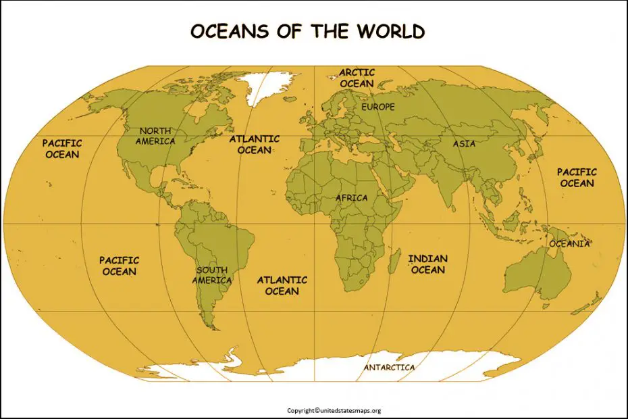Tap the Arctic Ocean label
click(x=357, y=78)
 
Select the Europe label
click(x=378, y=107)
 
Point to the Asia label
click(x=464, y=143)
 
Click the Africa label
click(x=352, y=198)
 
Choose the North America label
click(x=155, y=136)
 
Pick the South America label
click(x=212, y=275)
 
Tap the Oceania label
click(x=569, y=243)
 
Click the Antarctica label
click(x=390, y=368)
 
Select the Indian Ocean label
click(x=428, y=264)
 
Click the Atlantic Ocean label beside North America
click(x=254, y=144)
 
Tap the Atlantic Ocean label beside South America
click(x=282, y=285)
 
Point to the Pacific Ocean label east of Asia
click(x=576, y=178)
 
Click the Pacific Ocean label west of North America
click(x=62, y=149)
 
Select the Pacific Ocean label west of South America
click(x=120, y=266)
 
